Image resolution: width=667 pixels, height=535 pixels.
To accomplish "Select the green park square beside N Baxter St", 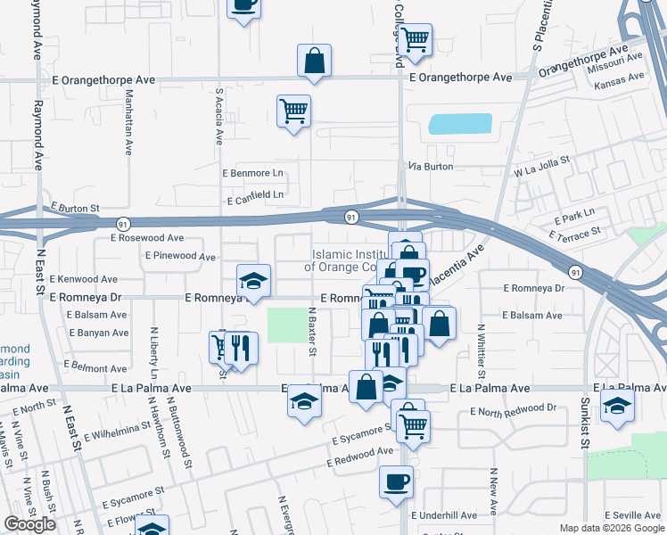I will coord(285,324).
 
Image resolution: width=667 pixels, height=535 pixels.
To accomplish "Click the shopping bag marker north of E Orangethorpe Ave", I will coord(315,61).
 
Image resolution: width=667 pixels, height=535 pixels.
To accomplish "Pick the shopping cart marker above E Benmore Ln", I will coord(293,111).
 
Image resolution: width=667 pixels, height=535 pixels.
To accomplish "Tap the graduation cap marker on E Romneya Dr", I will coord(253,281).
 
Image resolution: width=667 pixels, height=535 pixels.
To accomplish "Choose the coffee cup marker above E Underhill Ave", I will coord(395,482).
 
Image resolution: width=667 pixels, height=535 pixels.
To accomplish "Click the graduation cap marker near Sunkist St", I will coord(618,405).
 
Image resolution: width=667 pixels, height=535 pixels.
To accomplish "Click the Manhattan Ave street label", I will coord(128,121).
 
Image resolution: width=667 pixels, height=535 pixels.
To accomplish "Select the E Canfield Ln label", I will coord(255,194).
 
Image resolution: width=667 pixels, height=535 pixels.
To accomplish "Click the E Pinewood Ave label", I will coord(180,257).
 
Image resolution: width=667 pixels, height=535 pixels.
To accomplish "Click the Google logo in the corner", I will coord(29,524).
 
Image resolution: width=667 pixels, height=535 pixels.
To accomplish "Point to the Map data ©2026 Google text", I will coord(611,528).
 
